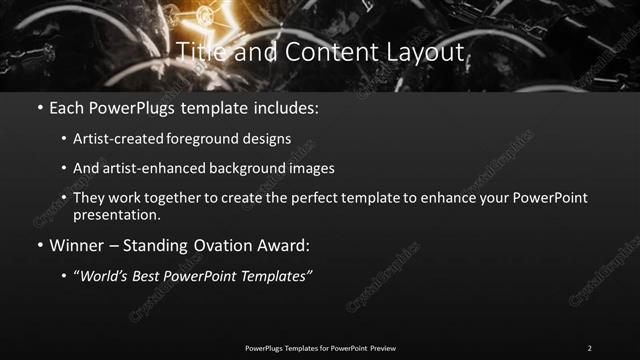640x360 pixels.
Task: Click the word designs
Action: click(x=268, y=139)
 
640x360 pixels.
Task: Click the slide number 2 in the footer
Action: click(x=589, y=347)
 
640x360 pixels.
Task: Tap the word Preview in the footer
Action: click(x=382, y=347)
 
